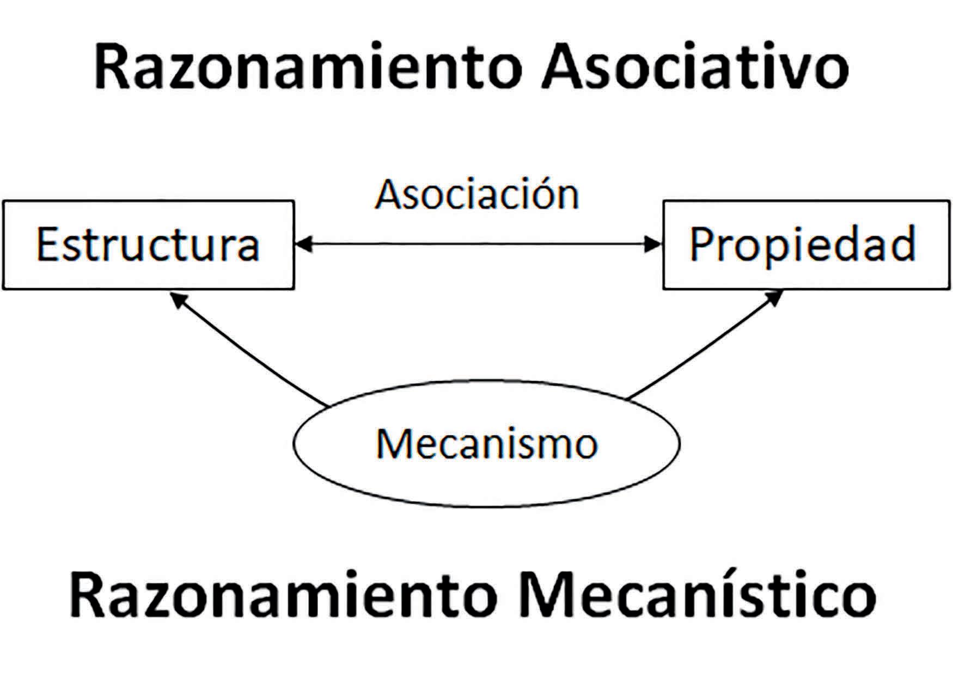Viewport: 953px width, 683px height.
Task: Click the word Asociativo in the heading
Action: coord(694,68)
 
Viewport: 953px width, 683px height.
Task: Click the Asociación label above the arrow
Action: coord(477,194)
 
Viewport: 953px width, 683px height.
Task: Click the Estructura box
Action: coord(148,245)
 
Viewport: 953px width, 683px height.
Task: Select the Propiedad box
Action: coord(806,245)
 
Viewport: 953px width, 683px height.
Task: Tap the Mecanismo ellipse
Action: coord(486,444)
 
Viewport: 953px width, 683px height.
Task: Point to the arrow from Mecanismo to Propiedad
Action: coord(705,346)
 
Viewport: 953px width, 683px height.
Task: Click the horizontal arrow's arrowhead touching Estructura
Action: coord(303,245)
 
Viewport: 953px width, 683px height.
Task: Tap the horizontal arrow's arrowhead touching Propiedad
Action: coord(652,245)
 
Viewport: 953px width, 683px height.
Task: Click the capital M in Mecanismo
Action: coord(393,444)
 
